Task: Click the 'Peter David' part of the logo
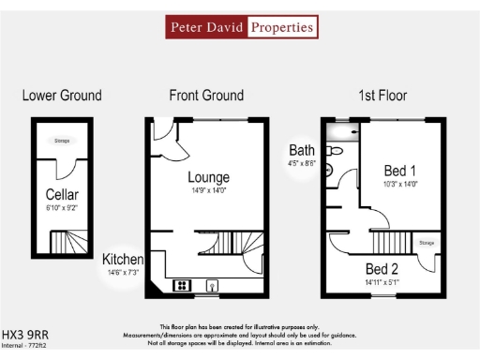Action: click(x=206, y=28)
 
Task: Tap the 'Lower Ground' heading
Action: click(x=62, y=96)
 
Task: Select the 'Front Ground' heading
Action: click(x=206, y=96)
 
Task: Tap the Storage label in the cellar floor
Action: click(x=62, y=141)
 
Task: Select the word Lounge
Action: click(x=208, y=177)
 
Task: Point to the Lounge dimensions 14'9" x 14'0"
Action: click(x=208, y=191)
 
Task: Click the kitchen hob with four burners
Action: click(x=182, y=284)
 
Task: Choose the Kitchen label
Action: click(x=123, y=259)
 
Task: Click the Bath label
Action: click(x=302, y=150)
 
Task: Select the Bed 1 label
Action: click(x=400, y=171)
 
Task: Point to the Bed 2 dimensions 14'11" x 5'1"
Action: click(x=381, y=281)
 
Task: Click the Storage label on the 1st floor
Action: click(x=427, y=243)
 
